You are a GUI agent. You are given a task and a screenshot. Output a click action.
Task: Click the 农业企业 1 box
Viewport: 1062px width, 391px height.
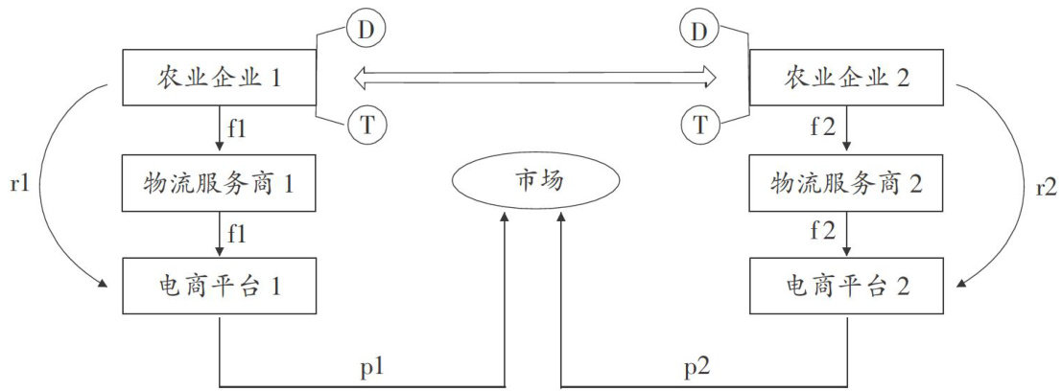pyautogui.click(x=221, y=78)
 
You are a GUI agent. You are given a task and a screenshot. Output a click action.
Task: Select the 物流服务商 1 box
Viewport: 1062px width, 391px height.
pyautogui.click(x=221, y=182)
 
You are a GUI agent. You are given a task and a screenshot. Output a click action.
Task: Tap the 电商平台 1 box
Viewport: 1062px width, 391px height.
pyautogui.click(x=221, y=286)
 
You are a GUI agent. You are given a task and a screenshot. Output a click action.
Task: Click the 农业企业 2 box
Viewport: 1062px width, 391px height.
pyautogui.click(x=845, y=78)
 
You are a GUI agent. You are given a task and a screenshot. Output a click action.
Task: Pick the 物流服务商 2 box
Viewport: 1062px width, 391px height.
pyautogui.click(x=845, y=182)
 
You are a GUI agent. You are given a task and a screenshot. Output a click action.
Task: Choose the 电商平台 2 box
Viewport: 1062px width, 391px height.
pyautogui.click(x=845, y=286)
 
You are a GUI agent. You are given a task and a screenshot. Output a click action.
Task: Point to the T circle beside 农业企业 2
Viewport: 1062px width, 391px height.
pyautogui.click(x=701, y=124)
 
